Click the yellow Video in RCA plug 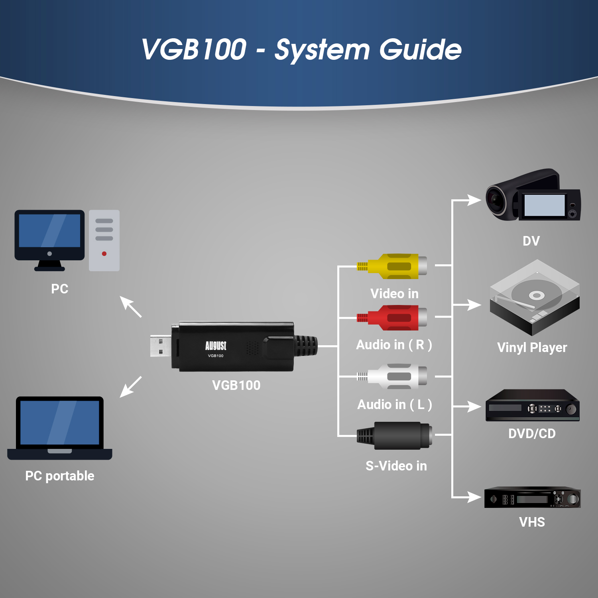pos(392,266)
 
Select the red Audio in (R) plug pos(392,318)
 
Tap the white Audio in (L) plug pos(392,376)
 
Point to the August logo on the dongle pos(216,346)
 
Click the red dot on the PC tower pos(104,254)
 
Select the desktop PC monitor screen pos(49,230)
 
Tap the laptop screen pos(60,423)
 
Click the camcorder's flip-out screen pos(545,205)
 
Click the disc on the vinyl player pos(537,295)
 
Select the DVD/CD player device pos(533,405)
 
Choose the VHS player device pos(533,497)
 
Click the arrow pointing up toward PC pos(131,307)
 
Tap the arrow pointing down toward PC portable pos(131,387)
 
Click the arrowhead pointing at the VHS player pos(474,497)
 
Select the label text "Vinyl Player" pos(532,348)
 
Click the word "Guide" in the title pos(420,50)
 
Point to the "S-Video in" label pos(396,466)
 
